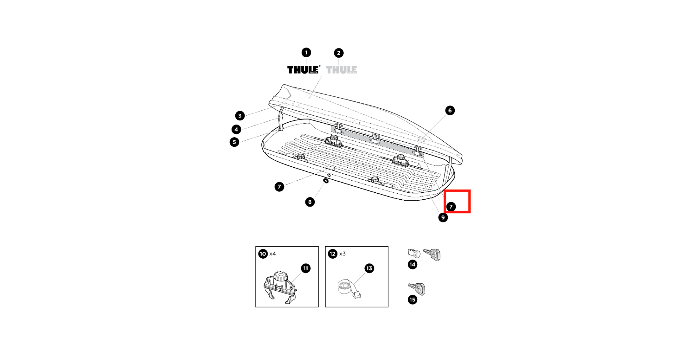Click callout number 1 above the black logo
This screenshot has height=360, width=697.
click(x=306, y=52)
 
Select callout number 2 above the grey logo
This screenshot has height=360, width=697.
click(x=338, y=53)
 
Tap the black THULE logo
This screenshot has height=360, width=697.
click(x=303, y=70)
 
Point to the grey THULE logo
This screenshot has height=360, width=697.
click(x=341, y=70)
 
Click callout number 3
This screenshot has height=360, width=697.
click(x=240, y=116)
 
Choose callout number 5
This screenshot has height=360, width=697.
click(x=234, y=142)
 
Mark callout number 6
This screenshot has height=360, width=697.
click(x=450, y=110)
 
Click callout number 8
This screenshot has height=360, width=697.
click(x=310, y=202)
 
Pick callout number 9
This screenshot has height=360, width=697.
click(x=443, y=218)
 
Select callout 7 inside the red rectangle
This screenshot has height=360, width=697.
click(x=451, y=207)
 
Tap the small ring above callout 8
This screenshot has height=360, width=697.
click(x=326, y=181)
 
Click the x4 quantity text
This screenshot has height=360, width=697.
click(x=272, y=254)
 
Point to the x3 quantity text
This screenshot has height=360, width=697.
click(x=342, y=254)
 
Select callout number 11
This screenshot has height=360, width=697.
click(x=306, y=268)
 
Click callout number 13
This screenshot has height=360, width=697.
click(x=369, y=268)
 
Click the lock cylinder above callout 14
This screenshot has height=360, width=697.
click(x=414, y=253)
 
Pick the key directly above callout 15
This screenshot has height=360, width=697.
click(x=417, y=289)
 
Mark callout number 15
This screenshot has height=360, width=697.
click(x=413, y=299)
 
